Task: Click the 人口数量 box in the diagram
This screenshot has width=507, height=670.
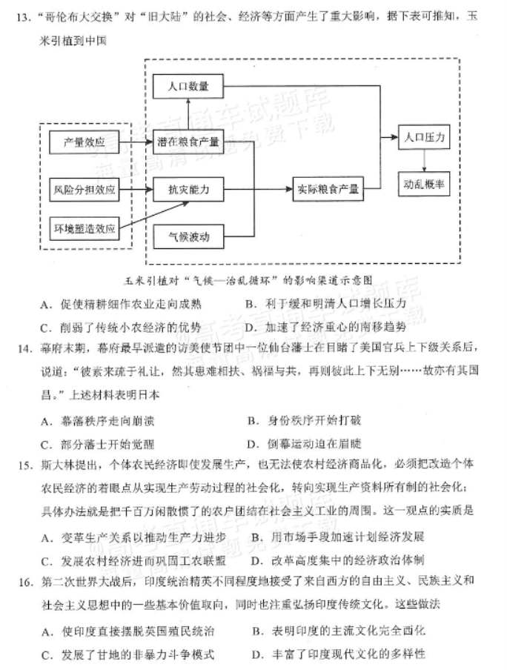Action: click(x=188, y=86)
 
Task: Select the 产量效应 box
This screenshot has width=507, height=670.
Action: click(x=84, y=142)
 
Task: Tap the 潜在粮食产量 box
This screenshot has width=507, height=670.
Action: click(x=188, y=142)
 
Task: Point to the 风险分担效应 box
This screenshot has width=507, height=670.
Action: click(x=84, y=189)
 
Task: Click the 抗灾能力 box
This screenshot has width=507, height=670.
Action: click(x=188, y=189)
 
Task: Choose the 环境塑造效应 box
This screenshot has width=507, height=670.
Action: click(x=84, y=228)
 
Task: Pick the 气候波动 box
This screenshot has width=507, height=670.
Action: click(x=188, y=236)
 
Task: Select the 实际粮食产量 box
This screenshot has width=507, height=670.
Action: click(x=328, y=189)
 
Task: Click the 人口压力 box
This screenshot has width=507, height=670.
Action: click(x=424, y=137)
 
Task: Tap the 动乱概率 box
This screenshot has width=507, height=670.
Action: click(x=424, y=184)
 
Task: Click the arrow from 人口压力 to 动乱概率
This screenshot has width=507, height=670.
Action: click(x=424, y=161)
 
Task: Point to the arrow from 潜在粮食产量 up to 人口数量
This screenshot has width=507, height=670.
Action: click(x=188, y=114)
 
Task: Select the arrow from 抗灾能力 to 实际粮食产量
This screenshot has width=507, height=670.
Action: click(x=258, y=189)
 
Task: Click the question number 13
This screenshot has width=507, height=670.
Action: click(x=24, y=18)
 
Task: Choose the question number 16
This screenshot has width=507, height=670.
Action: click(x=26, y=582)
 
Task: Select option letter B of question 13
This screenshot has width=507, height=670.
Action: click(x=251, y=304)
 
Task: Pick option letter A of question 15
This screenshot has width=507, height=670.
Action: click(x=46, y=538)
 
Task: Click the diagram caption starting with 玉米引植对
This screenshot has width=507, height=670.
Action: click(x=248, y=281)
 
